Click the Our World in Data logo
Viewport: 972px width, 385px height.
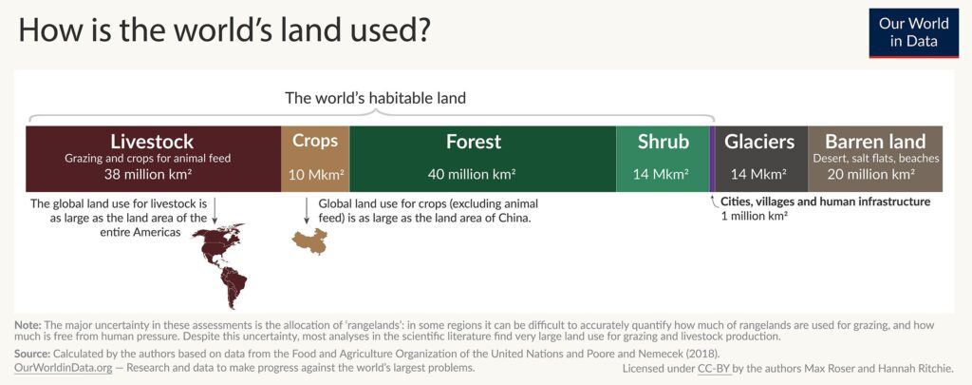(x=914, y=33)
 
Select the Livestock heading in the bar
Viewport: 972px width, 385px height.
(x=152, y=141)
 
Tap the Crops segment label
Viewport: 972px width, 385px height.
(x=315, y=141)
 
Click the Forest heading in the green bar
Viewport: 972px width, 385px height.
(x=473, y=142)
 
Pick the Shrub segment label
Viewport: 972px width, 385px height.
(x=664, y=142)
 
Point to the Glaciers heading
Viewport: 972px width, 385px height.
(x=759, y=142)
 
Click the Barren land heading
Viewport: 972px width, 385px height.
(x=875, y=141)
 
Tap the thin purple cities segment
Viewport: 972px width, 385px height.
(x=712, y=159)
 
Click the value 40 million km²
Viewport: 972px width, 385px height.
(x=473, y=174)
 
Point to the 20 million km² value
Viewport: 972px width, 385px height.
(x=875, y=174)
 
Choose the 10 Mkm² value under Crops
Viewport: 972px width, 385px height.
(x=315, y=175)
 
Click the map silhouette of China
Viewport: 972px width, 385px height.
(x=310, y=241)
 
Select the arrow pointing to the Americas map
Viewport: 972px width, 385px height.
(x=214, y=211)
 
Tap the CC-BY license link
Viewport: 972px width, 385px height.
(x=714, y=368)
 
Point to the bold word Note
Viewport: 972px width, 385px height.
(x=28, y=325)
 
